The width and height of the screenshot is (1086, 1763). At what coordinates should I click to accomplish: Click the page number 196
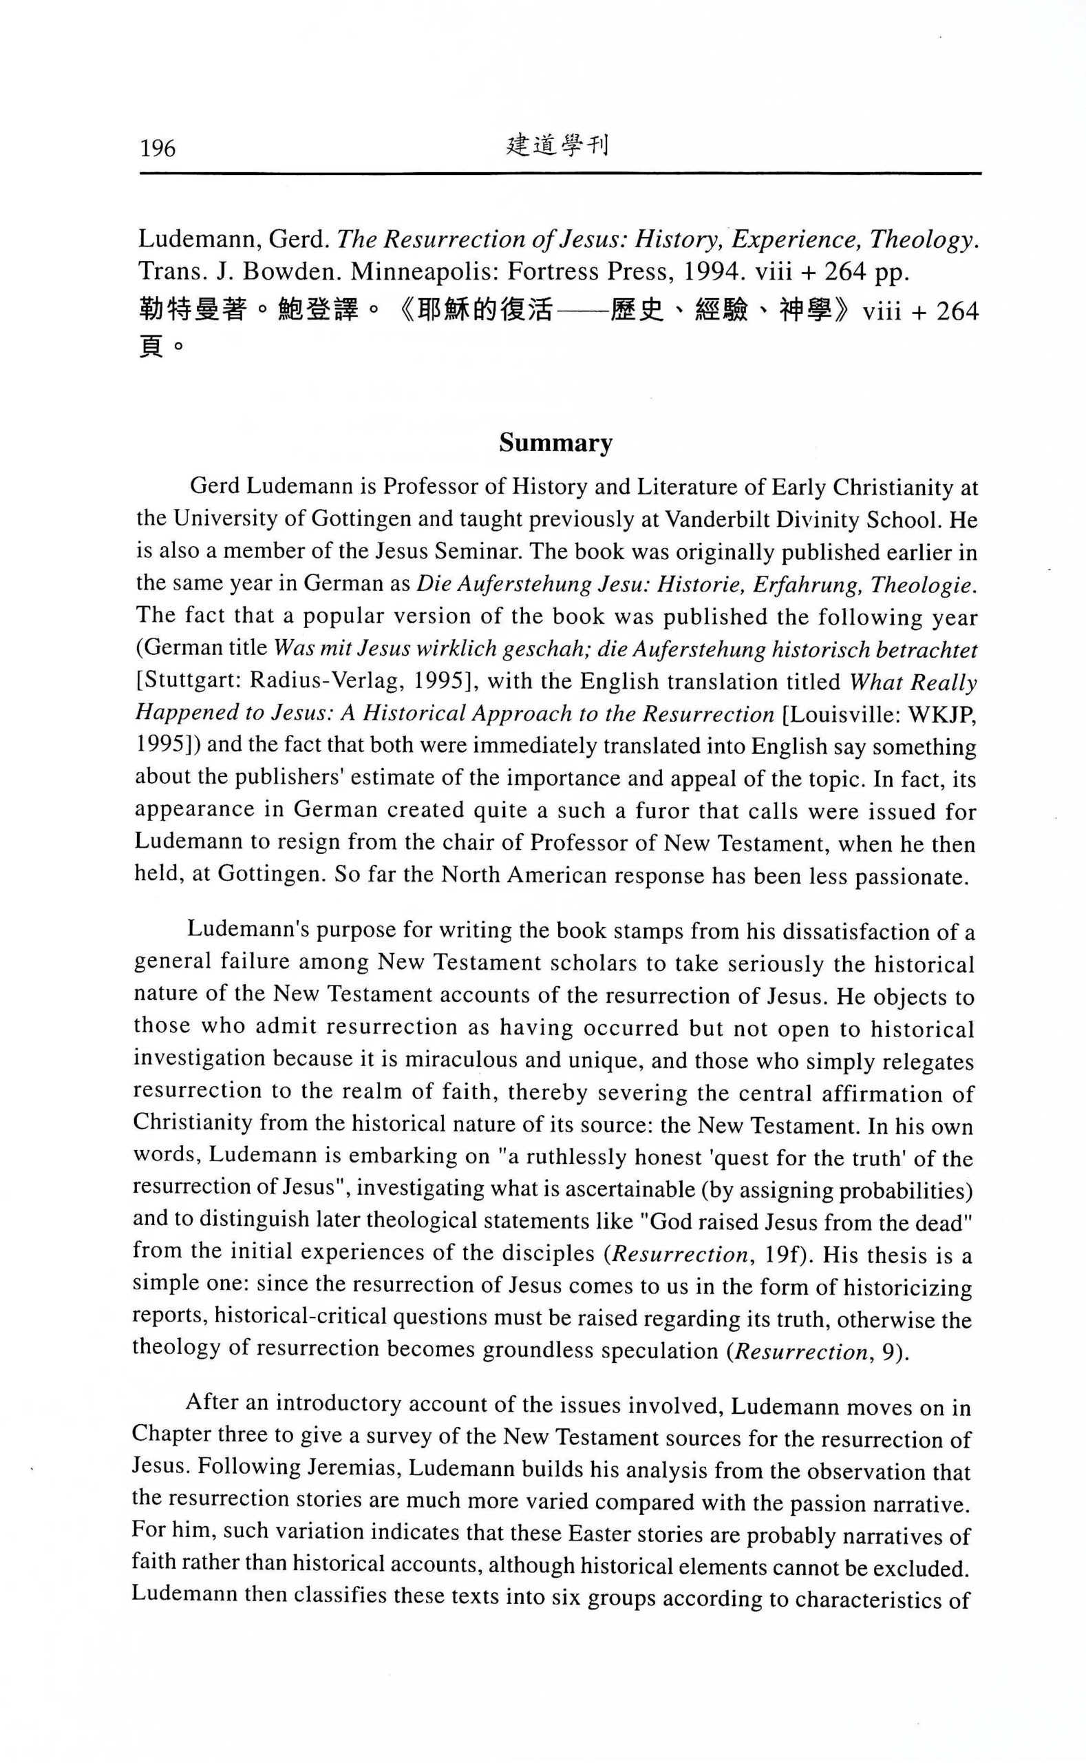[x=158, y=148]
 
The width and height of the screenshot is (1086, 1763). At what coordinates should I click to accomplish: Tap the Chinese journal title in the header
[x=557, y=146]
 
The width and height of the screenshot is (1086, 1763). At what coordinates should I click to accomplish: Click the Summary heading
[x=556, y=444]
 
